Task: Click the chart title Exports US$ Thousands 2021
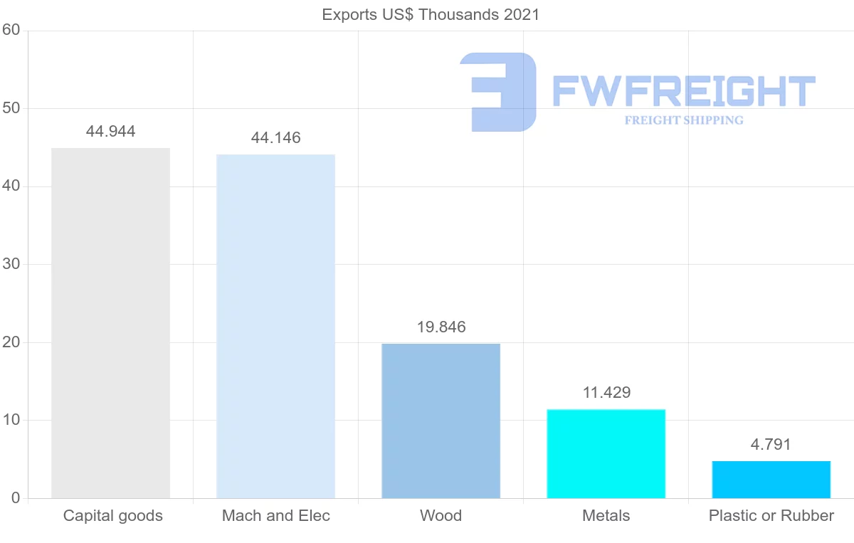point(431,14)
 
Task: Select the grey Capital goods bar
point(110,323)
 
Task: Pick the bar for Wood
point(441,421)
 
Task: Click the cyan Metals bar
point(606,453)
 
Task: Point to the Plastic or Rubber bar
point(771,480)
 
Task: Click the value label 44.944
point(110,132)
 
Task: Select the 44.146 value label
point(275,138)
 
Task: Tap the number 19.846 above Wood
point(441,327)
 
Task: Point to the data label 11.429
point(606,392)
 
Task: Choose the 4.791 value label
point(771,445)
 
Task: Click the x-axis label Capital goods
point(113,516)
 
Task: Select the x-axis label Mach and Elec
point(276,516)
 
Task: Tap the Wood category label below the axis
point(441,516)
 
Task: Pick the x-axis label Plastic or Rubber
point(771,516)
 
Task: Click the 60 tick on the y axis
point(11,31)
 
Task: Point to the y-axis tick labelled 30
point(11,265)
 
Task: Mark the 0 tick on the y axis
point(15,498)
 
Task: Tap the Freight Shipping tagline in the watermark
point(684,120)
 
